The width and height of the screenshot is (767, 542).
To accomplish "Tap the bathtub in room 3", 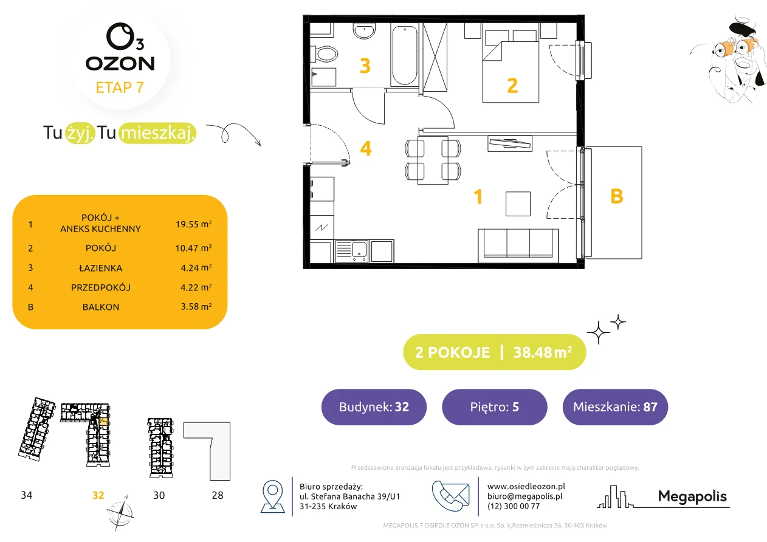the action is (404, 55).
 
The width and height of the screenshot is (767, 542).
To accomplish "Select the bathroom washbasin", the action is (364, 32).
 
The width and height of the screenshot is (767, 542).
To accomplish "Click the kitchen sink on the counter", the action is (352, 251).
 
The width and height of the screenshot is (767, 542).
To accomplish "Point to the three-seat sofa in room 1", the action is (518, 246).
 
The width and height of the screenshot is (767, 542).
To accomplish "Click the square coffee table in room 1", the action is (518, 204).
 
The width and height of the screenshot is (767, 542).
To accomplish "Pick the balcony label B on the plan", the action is (617, 196).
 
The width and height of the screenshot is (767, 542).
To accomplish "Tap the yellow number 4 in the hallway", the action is (366, 148).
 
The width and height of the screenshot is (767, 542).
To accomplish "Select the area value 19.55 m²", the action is (193, 224).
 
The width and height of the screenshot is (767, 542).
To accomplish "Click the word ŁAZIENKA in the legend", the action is (101, 268).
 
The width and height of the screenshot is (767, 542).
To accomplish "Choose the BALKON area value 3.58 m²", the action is (196, 306).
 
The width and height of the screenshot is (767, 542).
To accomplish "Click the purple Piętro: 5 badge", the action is (495, 406).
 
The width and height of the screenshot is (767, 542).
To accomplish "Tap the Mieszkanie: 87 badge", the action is (615, 406).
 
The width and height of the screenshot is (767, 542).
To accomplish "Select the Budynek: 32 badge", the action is (374, 406).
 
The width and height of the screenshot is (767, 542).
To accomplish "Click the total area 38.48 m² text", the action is (542, 352).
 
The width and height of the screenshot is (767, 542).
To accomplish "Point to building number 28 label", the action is (218, 495).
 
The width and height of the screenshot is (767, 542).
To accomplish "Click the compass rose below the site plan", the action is (120, 513).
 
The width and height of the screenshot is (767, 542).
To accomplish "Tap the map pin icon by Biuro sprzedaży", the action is (272, 496).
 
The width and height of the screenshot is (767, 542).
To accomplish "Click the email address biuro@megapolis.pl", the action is (525, 496).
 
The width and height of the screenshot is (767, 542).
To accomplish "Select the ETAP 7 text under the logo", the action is (120, 87).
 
